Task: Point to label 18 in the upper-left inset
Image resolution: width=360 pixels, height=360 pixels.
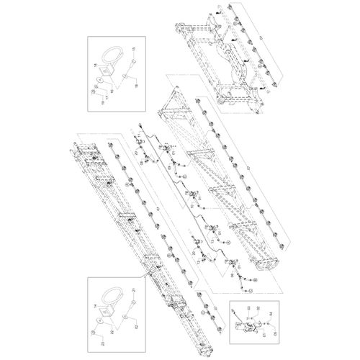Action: point(134,84)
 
